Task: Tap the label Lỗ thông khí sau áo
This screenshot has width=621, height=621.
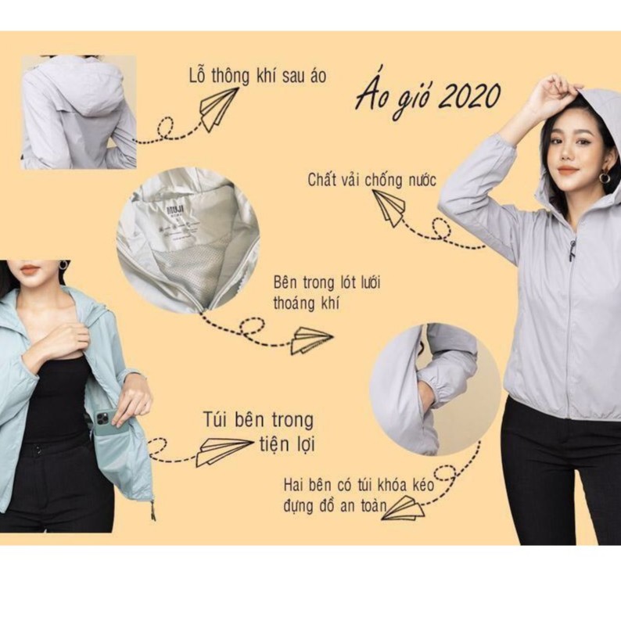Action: (x=257, y=76)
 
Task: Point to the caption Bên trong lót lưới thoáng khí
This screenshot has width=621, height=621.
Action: (x=327, y=292)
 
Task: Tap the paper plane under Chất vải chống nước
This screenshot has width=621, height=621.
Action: (x=389, y=206)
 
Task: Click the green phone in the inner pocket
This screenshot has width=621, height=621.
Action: (x=105, y=422)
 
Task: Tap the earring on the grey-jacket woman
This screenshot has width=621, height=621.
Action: (x=605, y=178)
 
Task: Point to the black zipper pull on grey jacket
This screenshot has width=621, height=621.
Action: (x=572, y=250)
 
